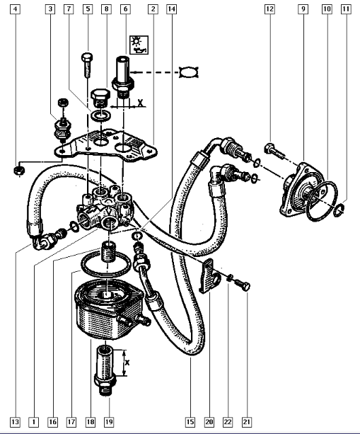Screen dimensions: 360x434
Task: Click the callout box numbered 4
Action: [16, 9]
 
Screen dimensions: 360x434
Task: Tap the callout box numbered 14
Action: [171, 9]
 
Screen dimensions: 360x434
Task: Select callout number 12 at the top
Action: [269, 9]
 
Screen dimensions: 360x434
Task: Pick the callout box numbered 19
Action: [109, 422]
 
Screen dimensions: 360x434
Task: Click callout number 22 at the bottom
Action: [228, 422]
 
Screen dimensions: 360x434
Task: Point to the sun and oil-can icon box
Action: [139, 45]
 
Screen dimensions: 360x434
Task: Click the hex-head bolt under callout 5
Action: [87, 64]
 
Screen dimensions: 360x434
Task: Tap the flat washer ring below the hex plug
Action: [101, 115]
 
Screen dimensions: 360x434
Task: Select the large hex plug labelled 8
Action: [100, 98]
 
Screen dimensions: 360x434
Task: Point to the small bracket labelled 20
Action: [209, 276]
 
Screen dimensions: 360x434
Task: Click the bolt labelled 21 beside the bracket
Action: [243, 285]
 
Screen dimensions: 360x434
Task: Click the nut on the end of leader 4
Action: [19, 171]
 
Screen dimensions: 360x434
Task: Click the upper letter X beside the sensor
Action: [141, 103]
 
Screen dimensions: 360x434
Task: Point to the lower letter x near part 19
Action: [127, 362]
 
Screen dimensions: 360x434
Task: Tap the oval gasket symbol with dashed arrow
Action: [189, 72]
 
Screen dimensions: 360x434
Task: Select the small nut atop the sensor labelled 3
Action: [64, 103]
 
